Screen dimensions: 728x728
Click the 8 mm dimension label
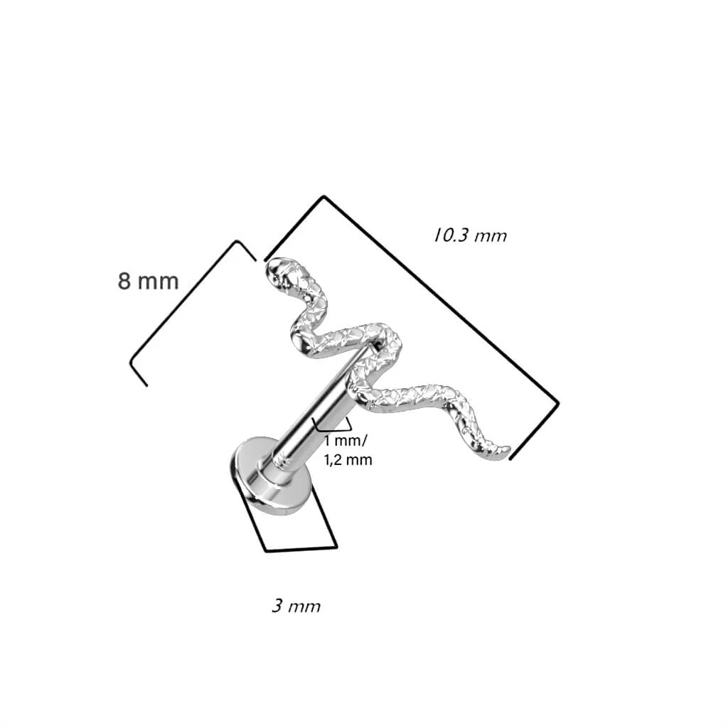point(148,282)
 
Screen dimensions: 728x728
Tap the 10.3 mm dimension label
point(471,235)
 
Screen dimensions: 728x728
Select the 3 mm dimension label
point(296,606)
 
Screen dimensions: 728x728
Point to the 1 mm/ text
point(346,440)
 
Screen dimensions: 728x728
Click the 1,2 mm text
point(348,460)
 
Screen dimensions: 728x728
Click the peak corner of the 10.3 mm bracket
point(323,197)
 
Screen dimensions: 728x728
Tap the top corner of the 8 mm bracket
point(237,242)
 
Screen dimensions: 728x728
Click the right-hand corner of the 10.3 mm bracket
point(557,403)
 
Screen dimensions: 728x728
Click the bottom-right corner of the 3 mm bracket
point(336,547)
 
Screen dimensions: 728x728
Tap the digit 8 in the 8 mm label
point(124,282)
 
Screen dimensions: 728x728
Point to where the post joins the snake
point(374,345)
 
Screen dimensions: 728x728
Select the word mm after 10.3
point(491,237)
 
